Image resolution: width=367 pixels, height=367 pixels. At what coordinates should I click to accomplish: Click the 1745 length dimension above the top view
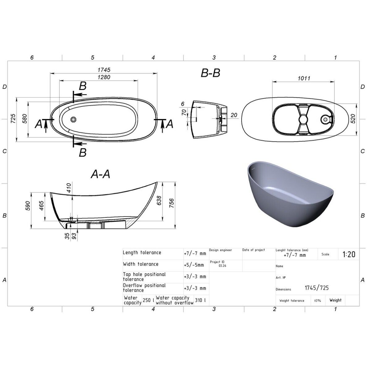pos(104,70)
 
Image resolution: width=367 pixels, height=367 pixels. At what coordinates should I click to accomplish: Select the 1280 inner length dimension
pos(104,77)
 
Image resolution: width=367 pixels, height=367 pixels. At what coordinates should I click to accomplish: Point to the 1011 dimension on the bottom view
pos(304,78)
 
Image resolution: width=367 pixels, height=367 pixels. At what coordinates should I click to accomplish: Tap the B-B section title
pos(210,73)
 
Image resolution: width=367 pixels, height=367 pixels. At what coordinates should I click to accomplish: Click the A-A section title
pos(100,174)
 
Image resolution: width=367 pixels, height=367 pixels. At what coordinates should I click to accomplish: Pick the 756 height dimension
pos(171,203)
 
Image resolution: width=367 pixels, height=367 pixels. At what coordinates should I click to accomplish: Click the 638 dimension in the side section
pos(159,200)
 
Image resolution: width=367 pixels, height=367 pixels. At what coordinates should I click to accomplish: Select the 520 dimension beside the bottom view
pos(353,119)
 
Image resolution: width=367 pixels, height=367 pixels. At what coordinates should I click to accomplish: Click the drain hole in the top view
pos(74,119)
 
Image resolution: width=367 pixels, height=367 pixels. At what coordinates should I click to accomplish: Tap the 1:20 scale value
pos(349,254)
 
